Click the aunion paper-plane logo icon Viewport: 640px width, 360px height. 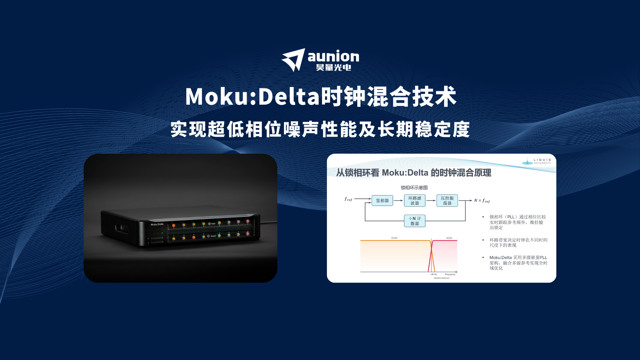pos(293,60)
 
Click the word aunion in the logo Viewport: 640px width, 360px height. pos(333,56)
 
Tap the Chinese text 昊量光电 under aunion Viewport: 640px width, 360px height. pos(333,68)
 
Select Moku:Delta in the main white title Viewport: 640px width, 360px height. pos(252,97)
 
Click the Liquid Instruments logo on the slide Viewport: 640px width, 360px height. pos(536,161)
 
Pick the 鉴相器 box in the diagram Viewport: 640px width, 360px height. pos(382,201)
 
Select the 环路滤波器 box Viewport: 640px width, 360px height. pos(415,201)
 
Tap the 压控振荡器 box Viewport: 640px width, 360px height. pos(447,201)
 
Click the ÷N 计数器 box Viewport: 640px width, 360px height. pos(415,221)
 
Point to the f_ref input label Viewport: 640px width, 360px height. pos(348,199)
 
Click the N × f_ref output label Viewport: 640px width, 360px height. pos(482,201)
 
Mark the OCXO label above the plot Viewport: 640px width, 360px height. pos(394,238)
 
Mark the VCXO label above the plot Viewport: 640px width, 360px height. pos(449,238)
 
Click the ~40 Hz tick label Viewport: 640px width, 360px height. pos(433,274)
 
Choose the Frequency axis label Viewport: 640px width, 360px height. pos(450,274)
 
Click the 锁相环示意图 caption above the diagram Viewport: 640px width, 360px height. pos(414,188)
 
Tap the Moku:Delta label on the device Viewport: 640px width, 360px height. pos(157,224)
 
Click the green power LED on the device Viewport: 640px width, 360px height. pos(162,233)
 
